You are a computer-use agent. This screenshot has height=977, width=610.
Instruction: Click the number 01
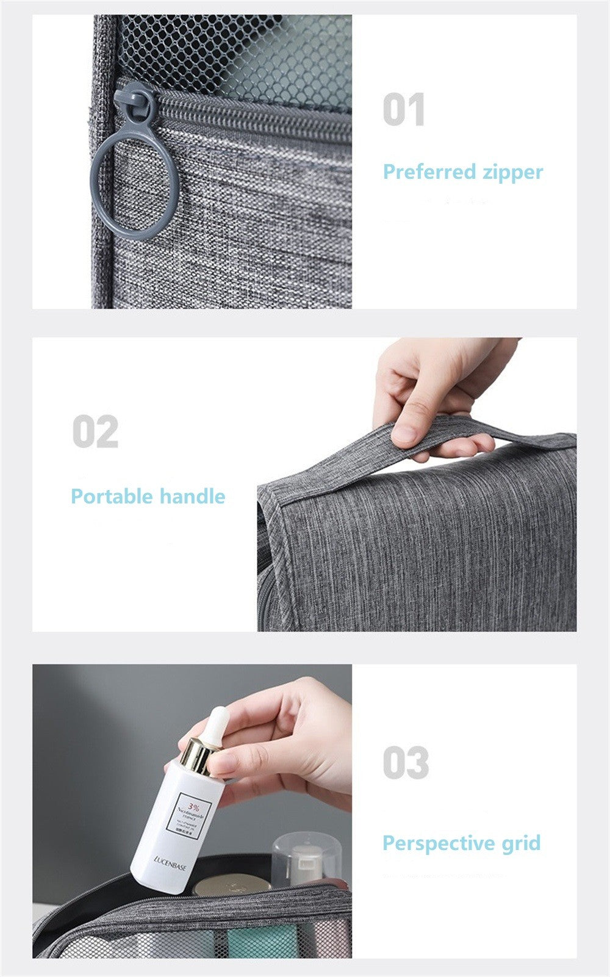pos(403,110)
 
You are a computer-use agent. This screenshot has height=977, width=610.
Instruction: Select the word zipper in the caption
pos(512,172)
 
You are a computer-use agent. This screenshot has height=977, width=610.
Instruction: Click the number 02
pos(95,432)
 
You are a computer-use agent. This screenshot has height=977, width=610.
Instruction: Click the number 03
pos(406,763)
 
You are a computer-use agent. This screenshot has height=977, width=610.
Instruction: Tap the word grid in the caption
pos(522,844)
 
